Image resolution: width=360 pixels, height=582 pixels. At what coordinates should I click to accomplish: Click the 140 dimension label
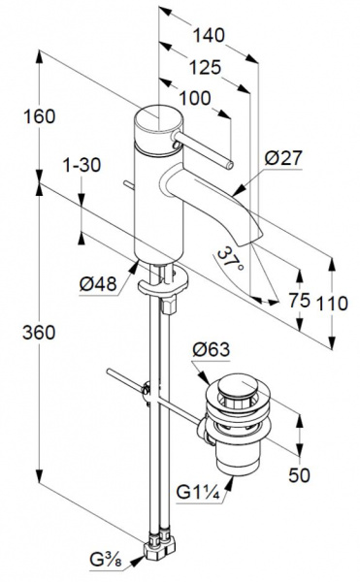[x=209, y=36]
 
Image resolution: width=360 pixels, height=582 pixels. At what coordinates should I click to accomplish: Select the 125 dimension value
[x=205, y=68]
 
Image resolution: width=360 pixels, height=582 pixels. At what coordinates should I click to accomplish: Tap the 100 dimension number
[x=195, y=99]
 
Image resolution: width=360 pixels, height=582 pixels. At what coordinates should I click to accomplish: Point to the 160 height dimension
[x=40, y=116]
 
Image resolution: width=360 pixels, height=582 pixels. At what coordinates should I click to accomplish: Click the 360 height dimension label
[x=39, y=332]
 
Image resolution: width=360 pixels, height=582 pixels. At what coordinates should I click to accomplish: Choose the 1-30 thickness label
[x=82, y=165]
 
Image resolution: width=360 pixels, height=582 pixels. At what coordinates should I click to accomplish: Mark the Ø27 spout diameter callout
[x=283, y=158]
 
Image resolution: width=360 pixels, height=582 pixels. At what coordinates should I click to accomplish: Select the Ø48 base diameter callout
[x=98, y=285]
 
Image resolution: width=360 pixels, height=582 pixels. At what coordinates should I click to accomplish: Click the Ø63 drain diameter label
[x=212, y=349]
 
